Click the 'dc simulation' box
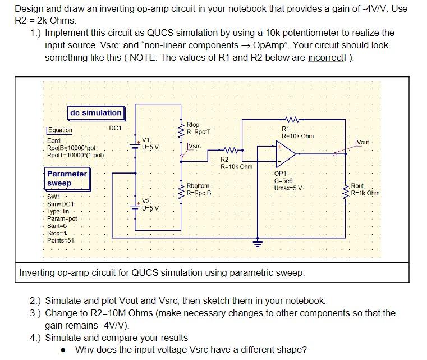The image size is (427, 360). [x=95, y=112]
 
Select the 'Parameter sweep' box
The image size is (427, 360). [x=67, y=179]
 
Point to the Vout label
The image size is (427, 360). [x=362, y=142]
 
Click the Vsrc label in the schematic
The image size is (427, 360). [x=194, y=146]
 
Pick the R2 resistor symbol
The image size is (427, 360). [x=231, y=151]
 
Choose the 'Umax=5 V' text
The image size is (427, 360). [x=289, y=188]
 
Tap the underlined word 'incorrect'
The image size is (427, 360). [x=328, y=58]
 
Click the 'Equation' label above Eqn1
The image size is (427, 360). [x=59, y=130]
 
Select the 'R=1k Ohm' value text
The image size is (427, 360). [x=365, y=193]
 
